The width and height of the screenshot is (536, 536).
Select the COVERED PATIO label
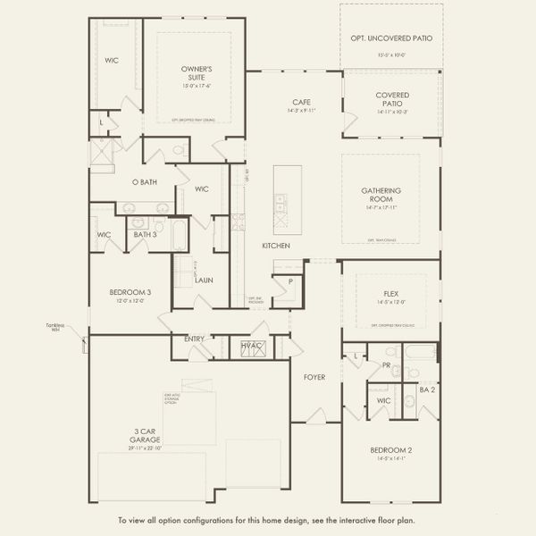[x=392, y=98]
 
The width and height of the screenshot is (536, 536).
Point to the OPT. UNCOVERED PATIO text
[x=391, y=38]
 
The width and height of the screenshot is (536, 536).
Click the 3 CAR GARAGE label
[x=143, y=435]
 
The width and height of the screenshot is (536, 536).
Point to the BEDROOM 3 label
[x=130, y=292]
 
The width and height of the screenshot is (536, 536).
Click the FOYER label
[x=314, y=377]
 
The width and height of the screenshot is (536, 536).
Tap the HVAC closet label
[x=251, y=345]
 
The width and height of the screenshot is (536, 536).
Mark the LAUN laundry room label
[x=203, y=280]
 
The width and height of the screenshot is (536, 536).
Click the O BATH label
[x=145, y=182]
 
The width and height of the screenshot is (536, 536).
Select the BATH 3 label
[x=144, y=234]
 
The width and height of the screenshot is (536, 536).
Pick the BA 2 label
[x=427, y=389]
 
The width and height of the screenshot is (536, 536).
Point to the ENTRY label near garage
[x=194, y=339]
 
